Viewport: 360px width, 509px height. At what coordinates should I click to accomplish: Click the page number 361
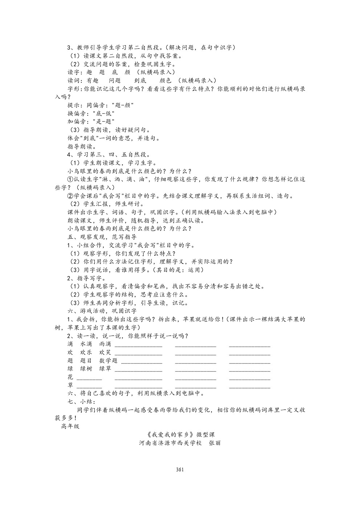180,469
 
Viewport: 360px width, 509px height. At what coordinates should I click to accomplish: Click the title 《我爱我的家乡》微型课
180,435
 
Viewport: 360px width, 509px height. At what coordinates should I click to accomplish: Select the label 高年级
70,426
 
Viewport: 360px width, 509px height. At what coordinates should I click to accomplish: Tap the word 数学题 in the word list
109,361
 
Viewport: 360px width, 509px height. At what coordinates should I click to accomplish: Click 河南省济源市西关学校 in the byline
170,443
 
